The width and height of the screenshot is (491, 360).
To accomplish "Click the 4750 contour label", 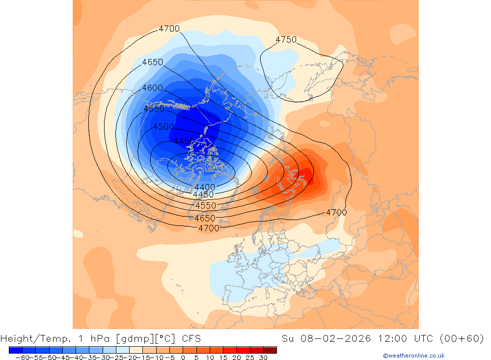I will (286, 40).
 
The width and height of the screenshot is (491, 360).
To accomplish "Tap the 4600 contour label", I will (152, 88).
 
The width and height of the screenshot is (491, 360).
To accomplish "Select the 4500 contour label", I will (164, 127).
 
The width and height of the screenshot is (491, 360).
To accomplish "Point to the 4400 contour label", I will (204, 187).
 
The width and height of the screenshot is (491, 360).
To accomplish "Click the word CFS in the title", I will (191, 338).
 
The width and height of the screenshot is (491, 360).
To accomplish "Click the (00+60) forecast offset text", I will (462, 338).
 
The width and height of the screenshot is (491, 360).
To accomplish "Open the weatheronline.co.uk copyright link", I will (413, 356).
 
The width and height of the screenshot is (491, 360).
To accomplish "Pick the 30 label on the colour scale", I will (263, 358).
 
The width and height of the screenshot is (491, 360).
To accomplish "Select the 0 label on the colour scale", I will (183, 358).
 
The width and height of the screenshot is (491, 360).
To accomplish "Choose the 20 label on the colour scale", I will (236, 358).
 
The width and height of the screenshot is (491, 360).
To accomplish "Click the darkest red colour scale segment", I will (270, 350).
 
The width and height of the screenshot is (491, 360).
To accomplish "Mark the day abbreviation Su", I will (288, 338).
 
